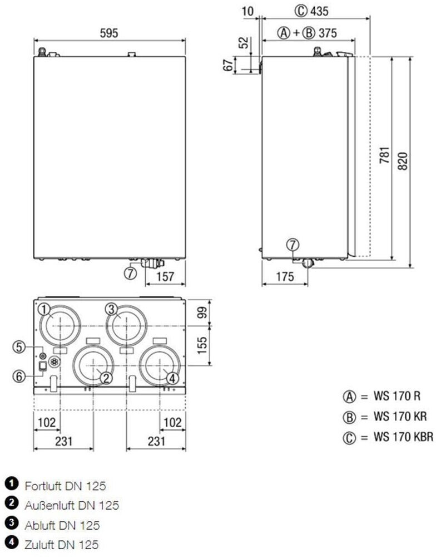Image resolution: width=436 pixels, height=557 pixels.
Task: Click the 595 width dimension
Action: [108, 33]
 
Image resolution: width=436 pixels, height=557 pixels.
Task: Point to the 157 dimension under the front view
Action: [165, 276]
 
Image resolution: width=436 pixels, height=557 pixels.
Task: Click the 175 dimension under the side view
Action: [285, 276]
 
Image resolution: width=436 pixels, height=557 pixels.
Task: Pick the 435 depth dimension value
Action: [319, 11]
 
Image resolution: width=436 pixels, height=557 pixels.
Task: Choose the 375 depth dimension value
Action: [328, 33]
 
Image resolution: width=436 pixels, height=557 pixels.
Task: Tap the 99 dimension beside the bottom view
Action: [202, 312]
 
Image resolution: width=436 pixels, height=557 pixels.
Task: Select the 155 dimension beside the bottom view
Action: [202, 346]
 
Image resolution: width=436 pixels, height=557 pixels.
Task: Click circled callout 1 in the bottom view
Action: [44, 309]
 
